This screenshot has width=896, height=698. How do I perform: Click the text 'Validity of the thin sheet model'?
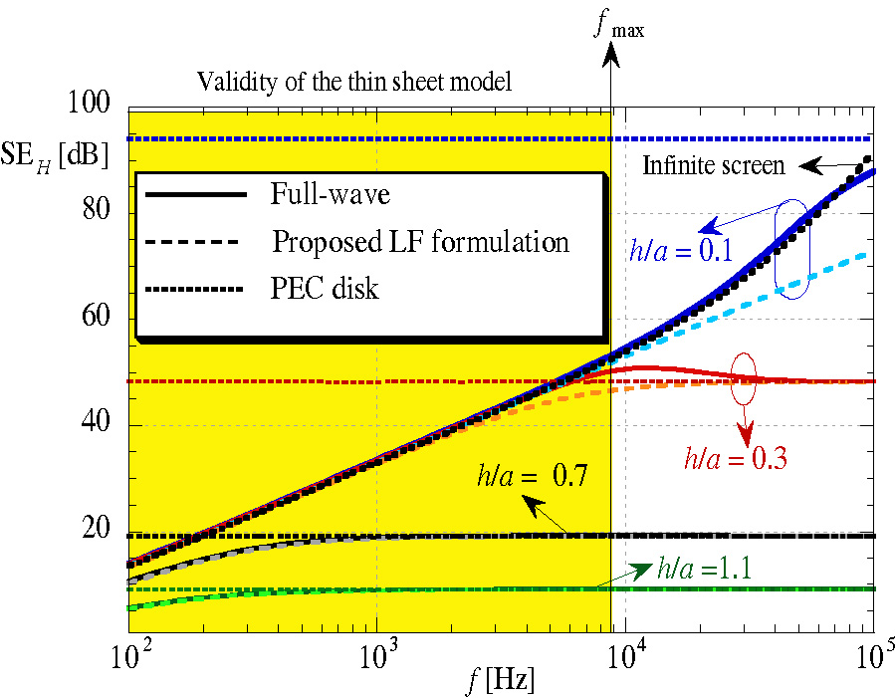coord(353,82)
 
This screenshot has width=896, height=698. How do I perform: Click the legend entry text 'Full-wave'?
coord(330,194)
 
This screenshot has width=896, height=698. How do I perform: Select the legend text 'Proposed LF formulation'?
coord(420,242)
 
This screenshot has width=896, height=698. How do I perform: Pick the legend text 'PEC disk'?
coord(325,290)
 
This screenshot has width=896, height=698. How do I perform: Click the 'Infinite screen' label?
coord(714,165)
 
